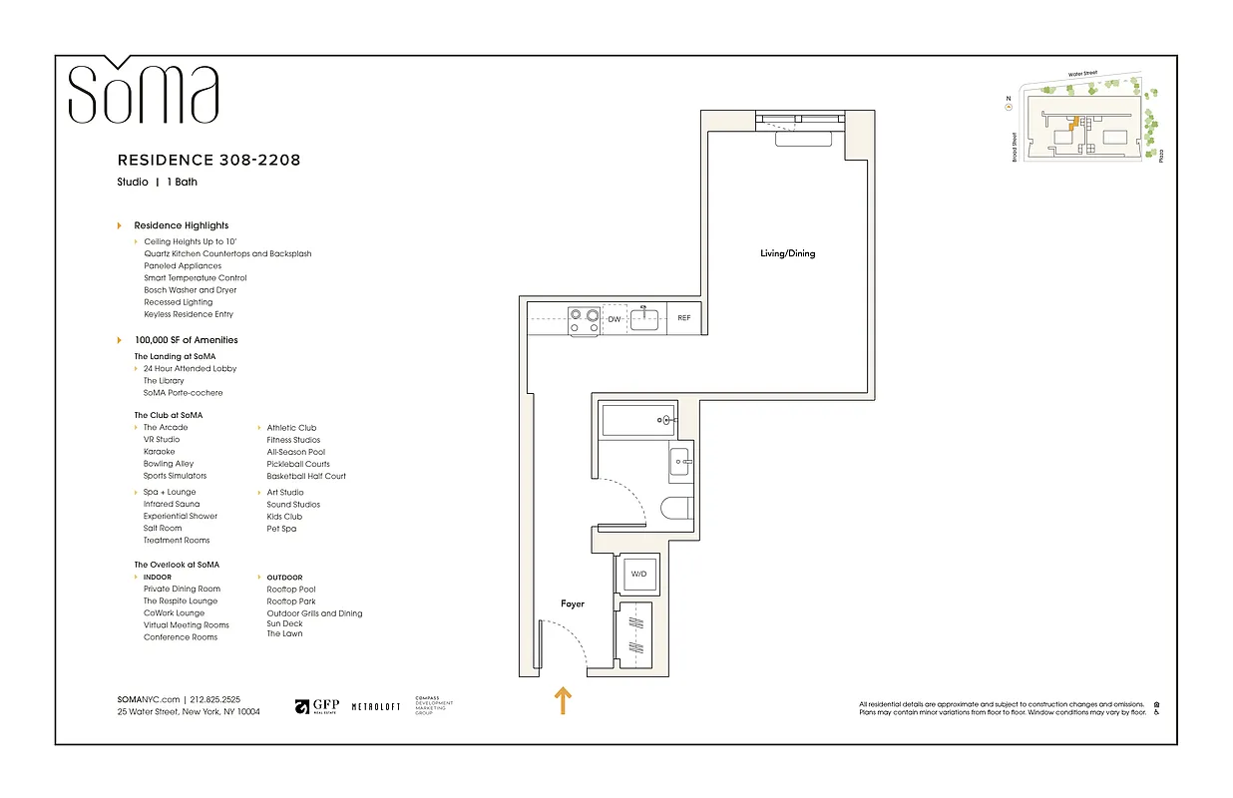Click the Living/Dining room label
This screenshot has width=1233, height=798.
pyautogui.click(x=787, y=253)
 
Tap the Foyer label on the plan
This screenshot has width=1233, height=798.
pyautogui.click(x=572, y=603)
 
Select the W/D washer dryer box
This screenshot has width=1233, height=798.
pyautogui.click(x=637, y=575)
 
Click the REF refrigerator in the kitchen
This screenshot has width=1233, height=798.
pyautogui.click(x=683, y=318)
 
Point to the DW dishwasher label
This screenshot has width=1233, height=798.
pyautogui.click(x=616, y=319)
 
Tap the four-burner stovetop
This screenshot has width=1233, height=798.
pyautogui.click(x=584, y=319)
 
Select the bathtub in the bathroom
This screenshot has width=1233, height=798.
pyautogui.click(x=636, y=421)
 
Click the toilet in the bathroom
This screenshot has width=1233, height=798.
pyautogui.click(x=675, y=509)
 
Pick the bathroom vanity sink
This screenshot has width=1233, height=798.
pyautogui.click(x=678, y=461)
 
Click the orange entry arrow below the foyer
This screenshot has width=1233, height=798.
pyautogui.click(x=563, y=700)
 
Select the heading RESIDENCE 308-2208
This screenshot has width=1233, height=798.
pyautogui.click(x=208, y=160)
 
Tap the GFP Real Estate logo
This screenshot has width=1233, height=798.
pyautogui.click(x=317, y=706)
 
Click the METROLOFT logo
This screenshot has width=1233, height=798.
pyautogui.click(x=376, y=706)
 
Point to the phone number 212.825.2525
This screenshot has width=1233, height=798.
pyautogui.click(x=215, y=700)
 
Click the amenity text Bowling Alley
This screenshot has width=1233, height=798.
pyautogui.click(x=169, y=464)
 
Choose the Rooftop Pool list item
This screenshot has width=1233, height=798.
pyautogui.click(x=291, y=590)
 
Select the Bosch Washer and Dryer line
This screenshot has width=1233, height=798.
pyautogui.click(x=191, y=290)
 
